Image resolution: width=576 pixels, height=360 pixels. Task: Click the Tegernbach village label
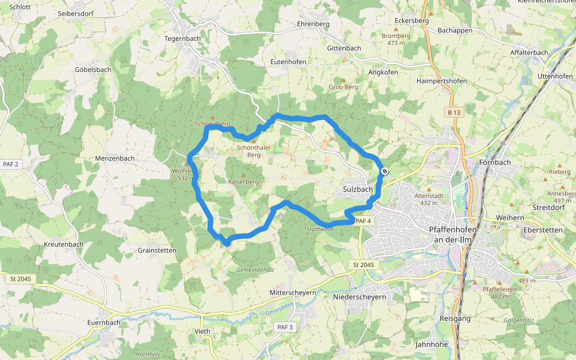point(182,38)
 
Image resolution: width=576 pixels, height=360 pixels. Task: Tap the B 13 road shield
point(454,112)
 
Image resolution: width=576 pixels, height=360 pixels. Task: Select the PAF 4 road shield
point(362,221)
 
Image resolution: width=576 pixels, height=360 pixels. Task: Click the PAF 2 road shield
point(11,164)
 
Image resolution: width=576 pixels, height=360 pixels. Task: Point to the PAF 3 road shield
point(285,327)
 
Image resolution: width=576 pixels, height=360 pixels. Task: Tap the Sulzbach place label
point(358,189)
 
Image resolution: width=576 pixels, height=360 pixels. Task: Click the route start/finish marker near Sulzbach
point(385,172)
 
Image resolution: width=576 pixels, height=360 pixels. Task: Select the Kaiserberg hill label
point(243,181)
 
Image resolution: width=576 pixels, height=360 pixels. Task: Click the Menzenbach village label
point(115,158)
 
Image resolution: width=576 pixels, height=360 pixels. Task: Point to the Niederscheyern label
point(359,296)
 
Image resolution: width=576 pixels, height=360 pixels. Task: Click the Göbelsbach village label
point(93,70)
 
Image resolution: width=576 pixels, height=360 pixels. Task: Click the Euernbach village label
point(104,322)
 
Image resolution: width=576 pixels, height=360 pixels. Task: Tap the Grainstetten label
point(157,250)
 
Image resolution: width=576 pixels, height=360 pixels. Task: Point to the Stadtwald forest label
point(319,229)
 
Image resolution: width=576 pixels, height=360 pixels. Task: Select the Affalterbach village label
point(529,52)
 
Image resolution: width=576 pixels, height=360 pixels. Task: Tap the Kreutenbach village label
point(64,245)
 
